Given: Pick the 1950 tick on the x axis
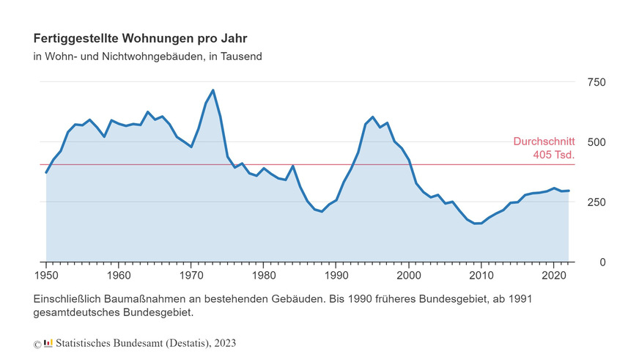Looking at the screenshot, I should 46,276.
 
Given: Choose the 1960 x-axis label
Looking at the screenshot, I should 119,276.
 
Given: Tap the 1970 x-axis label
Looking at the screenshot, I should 191,276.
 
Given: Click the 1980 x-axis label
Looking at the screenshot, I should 264,276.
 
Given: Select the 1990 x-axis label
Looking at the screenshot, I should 336,276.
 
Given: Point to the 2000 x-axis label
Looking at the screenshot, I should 409,276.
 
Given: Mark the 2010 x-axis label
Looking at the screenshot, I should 481,276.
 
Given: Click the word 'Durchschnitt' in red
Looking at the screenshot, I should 544,142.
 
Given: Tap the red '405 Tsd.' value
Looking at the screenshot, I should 554,155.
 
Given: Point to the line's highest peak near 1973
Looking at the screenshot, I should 213,90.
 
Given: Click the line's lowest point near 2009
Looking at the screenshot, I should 478,223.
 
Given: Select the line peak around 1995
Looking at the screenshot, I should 372,117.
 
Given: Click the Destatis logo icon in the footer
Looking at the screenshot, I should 48,343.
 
